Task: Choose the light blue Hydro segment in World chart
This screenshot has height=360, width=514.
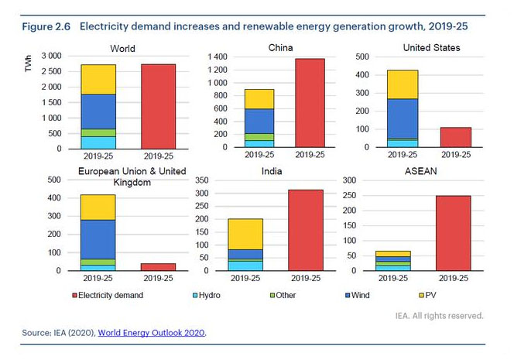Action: pos(98,142)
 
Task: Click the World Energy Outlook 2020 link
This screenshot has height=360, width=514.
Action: pos(152,333)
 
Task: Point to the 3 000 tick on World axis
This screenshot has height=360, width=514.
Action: pos(51,57)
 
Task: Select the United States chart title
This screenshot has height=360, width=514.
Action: pos(431,48)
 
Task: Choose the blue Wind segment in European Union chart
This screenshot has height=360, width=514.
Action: pos(98,239)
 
